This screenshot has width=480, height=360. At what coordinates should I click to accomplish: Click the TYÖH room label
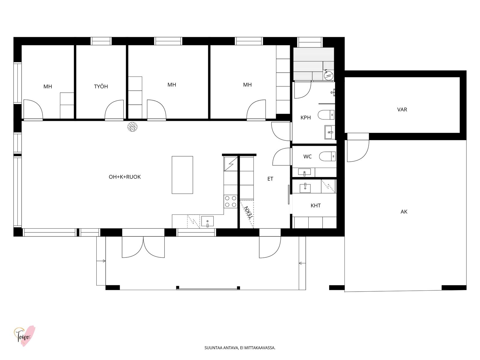101,87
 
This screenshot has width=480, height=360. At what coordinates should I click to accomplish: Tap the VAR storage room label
402,109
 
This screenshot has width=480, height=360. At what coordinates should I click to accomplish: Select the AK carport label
404,211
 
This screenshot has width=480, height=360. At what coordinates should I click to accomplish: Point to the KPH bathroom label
305,118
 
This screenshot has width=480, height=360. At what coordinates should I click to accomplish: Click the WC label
307,157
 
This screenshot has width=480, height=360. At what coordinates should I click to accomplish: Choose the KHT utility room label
316,205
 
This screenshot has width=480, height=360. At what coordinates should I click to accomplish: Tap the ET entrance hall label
270,179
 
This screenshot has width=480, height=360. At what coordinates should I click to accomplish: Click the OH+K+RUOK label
124,177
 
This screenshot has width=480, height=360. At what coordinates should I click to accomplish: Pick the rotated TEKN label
249,212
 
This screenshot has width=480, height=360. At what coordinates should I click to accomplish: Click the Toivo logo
24,336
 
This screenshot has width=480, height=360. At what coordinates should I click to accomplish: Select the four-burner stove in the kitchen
230,201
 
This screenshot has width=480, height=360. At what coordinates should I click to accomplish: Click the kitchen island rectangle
182,175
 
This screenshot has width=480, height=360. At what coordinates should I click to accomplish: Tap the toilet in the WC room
327,156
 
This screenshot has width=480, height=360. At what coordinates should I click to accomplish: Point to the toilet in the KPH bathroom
326,115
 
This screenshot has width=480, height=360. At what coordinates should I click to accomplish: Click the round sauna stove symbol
329,76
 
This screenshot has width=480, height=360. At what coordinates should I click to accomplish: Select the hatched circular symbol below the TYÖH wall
132,127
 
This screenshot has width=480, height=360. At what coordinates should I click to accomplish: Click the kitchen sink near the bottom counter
207,221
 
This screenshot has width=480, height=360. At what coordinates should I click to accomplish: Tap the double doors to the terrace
143,247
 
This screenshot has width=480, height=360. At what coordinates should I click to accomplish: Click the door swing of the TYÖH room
114,110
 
